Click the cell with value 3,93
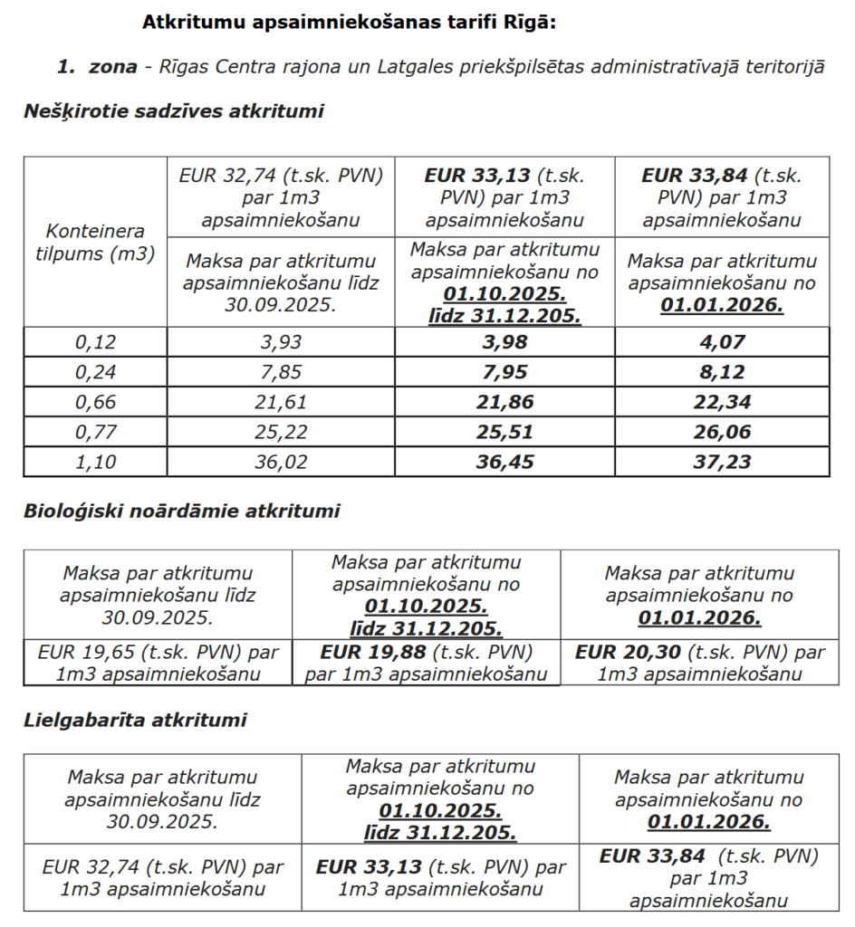click(281, 341)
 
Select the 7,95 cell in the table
click(504, 371)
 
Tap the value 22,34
click(722, 402)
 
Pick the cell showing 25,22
click(281, 432)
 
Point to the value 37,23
click(722, 462)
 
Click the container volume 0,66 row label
click(95, 402)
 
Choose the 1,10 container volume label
click(95, 462)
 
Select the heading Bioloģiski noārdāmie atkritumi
click(181, 511)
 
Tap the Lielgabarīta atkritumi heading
click(135, 721)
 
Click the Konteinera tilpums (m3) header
click(95, 243)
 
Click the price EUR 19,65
click(91, 652)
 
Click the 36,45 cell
click(504, 462)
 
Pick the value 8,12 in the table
click(722, 371)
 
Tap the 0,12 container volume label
click(95, 341)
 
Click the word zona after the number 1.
click(112, 66)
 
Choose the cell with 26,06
click(722, 432)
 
